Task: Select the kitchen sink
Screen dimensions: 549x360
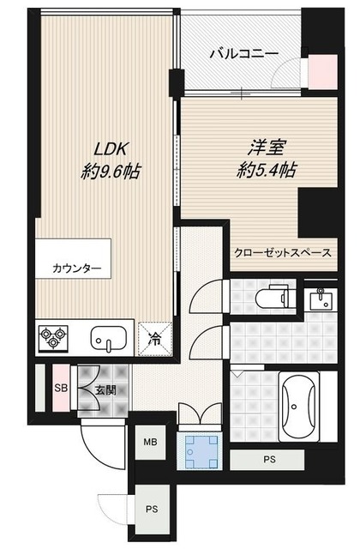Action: pos(109,338)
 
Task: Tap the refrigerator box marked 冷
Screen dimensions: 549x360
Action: pos(155,337)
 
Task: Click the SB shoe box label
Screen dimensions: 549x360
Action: pos(61,389)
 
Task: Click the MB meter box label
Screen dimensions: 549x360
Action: pos(150,443)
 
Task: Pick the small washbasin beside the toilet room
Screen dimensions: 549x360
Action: pos(323,299)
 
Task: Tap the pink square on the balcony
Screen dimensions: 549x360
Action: pos(322,71)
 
